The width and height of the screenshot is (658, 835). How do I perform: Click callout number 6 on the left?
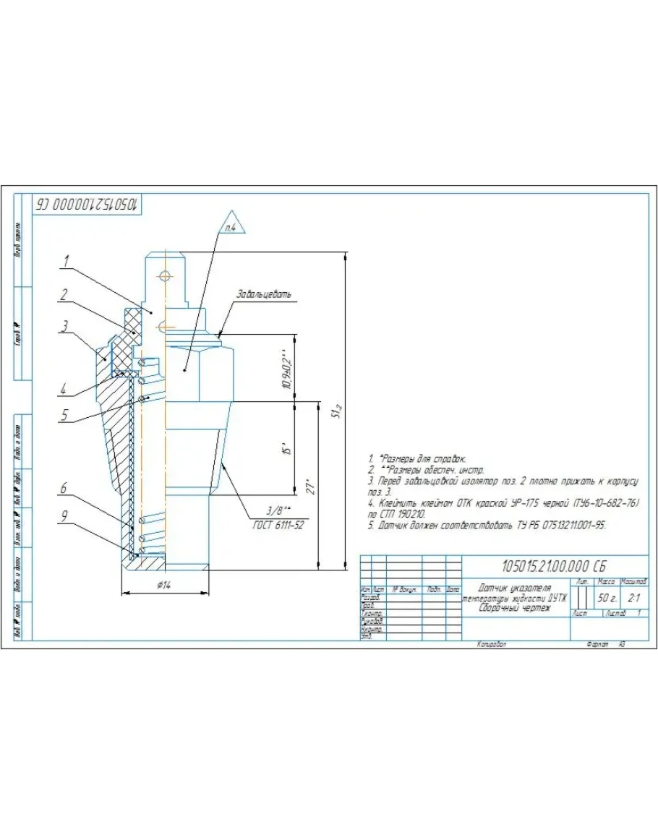[64, 489]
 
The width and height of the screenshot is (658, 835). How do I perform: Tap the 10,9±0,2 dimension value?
[286, 369]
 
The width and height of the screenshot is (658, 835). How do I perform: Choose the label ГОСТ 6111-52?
[278, 524]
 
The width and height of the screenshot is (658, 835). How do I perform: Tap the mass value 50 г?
[606, 598]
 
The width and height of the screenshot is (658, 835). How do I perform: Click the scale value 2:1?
[634, 598]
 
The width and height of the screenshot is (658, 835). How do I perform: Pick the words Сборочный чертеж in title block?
[514, 608]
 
